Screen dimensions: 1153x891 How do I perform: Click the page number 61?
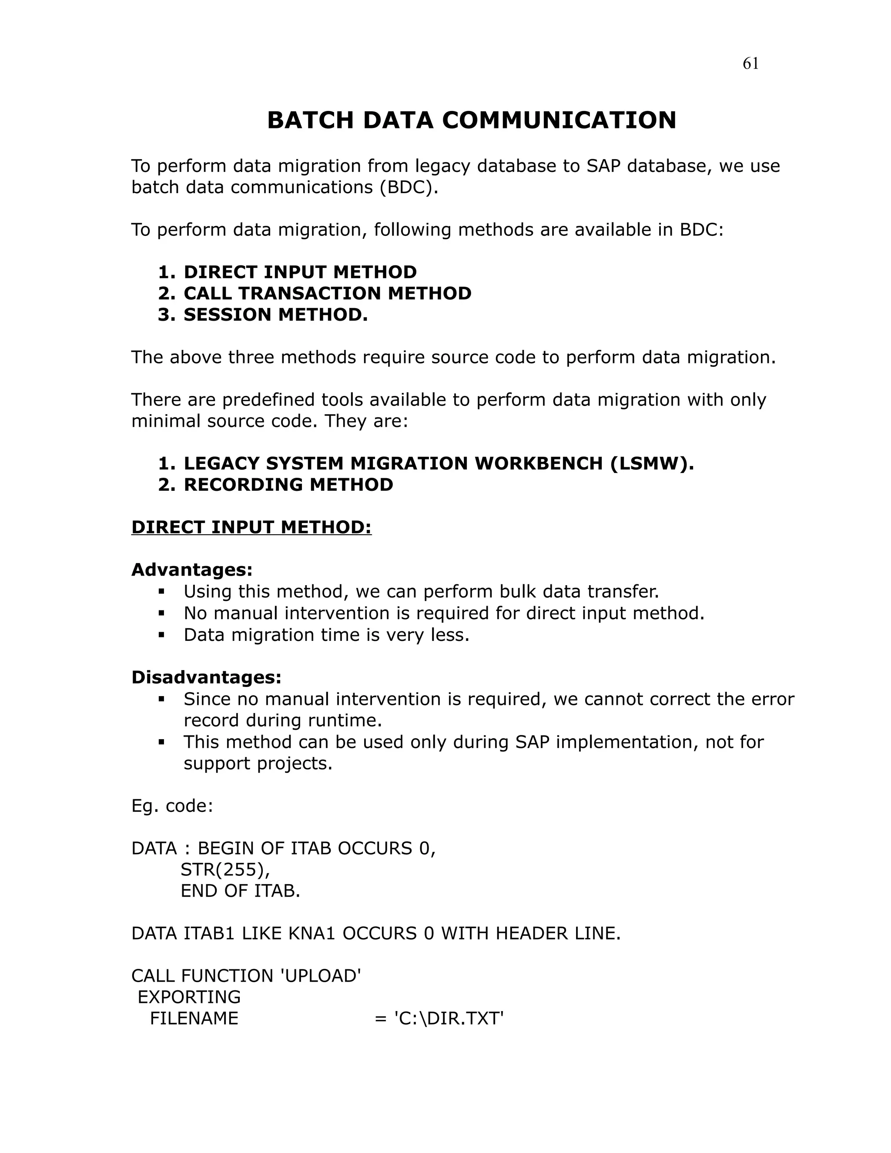point(750,64)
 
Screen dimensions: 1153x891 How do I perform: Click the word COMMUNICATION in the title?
point(559,121)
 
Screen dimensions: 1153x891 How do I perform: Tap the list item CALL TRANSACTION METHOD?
point(327,294)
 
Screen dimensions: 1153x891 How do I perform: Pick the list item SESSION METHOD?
point(275,315)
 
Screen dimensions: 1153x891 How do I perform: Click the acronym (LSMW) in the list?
point(652,463)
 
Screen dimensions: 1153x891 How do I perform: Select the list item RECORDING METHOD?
point(288,485)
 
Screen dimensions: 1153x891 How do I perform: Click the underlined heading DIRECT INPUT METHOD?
point(251,527)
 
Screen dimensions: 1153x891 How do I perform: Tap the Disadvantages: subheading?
point(206,677)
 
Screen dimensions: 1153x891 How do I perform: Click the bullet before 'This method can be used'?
point(162,742)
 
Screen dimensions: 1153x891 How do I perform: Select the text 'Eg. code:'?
point(172,806)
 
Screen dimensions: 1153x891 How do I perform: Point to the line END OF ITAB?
point(240,891)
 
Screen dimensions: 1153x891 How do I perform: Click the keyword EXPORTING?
point(189,997)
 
